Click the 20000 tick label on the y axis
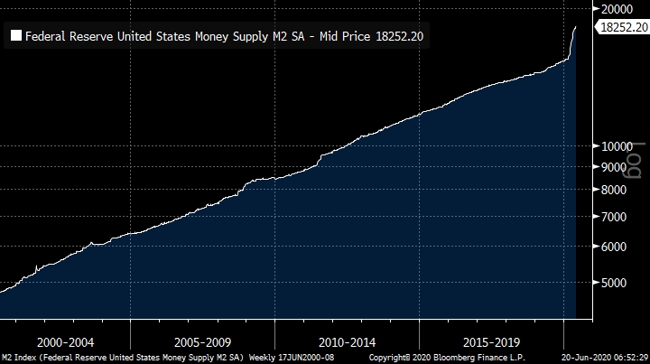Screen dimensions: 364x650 pyautogui.click(x=620, y=7)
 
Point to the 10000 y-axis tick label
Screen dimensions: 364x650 pyautogui.click(x=620, y=145)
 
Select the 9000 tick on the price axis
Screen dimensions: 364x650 pyautogui.click(x=617, y=167)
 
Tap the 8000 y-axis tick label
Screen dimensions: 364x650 pyautogui.click(x=617, y=190)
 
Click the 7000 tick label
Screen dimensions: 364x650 pyautogui.click(x=617, y=217)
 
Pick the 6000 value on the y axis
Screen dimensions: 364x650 pyautogui.click(x=617, y=247)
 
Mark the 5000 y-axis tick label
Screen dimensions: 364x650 pyautogui.click(x=617, y=283)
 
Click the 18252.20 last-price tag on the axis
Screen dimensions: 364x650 pyautogui.click(x=624, y=29)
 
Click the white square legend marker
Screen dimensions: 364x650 pyautogui.click(x=16, y=36)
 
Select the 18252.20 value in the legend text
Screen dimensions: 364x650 pyautogui.click(x=397, y=36)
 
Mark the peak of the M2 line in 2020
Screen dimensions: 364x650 pyautogui.click(x=576, y=27)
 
